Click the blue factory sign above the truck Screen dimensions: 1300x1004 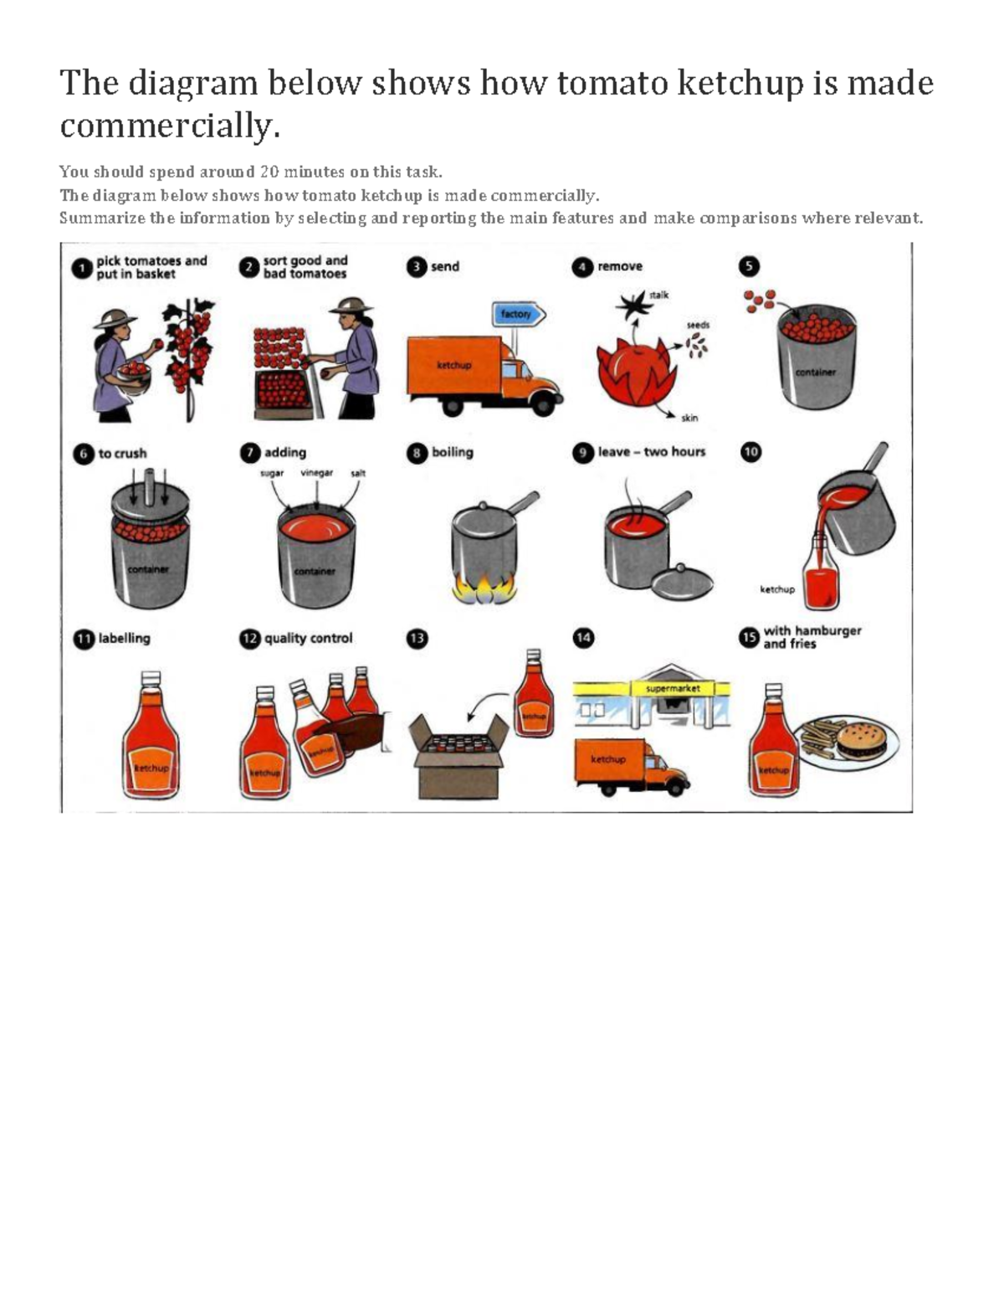(x=518, y=315)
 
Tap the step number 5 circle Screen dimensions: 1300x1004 (x=749, y=267)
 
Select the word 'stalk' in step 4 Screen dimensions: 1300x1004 (x=659, y=295)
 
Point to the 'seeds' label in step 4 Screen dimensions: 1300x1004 (x=698, y=325)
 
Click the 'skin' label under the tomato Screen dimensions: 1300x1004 (x=689, y=418)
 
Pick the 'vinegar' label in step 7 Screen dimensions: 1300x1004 (x=317, y=473)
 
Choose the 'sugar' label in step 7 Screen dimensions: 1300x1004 (x=273, y=473)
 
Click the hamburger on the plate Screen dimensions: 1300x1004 (x=863, y=739)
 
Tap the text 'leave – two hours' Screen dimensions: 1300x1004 (x=652, y=452)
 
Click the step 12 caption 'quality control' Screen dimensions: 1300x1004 (x=308, y=638)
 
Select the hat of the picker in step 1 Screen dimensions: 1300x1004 (x=115, y=317)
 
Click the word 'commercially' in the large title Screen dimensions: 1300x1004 (x=167, y=126)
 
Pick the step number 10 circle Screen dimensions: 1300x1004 (x=751, y=452)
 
